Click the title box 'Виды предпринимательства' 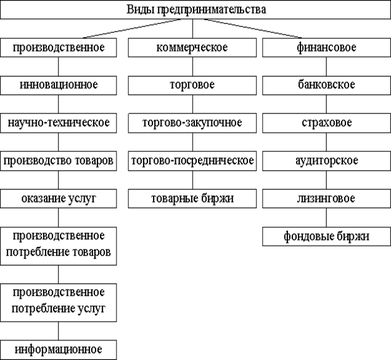pyautogui.click(x=196, y=10)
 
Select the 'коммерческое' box pyautogui.click(x=192, y=48)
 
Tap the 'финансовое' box pyautogui.click(x=327, y=48)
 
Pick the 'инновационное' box pyautogui.click(x=59, y=85)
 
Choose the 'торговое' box pyautogui.click(x=192, y=85)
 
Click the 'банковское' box pyautogui.click(x=327, y=85)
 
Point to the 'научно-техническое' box pyautogui.click(x=59, y=123)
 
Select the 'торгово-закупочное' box pyautogui.click(x=192, y=123)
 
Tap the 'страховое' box pyautogui.click(x=327, y=123)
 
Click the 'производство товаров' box pyautogui.click(x=59, y=161)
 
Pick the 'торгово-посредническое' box pyautogui.click(x=192, y=161)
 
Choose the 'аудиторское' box pyautogui.click(x=327, y=161)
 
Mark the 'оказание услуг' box pyautogui.click(x=59, y=199)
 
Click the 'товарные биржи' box pyautogui.click(x=192, y=199)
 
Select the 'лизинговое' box pyautogui.click(x=327, y=199)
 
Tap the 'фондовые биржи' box pyautogui.click(x=327, y=237)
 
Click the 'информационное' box pyautogui.click(x=59, y=350)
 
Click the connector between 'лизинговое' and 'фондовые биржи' pyautogui.click(x=326, y=218)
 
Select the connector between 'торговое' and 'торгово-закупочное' pyautogui.click(x=192, y=104)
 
